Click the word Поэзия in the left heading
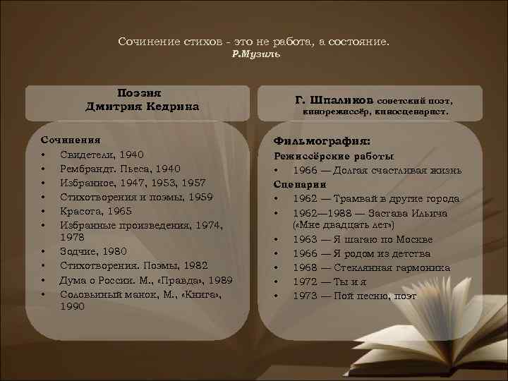[142, 93]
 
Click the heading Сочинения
[69, 140]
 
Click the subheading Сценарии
[296, 184]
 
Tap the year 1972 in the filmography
[306, 281]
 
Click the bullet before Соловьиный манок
[44, 294]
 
